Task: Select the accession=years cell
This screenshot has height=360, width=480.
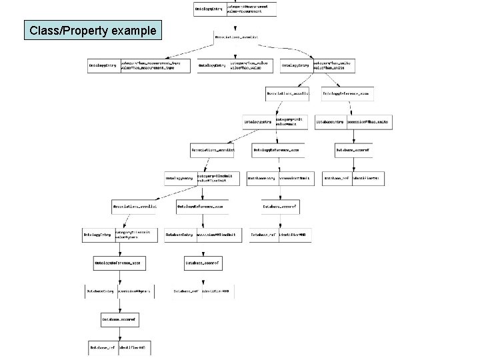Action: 136,291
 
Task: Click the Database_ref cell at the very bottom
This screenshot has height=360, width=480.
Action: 103,347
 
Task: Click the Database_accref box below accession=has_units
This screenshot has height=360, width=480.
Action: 353,151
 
